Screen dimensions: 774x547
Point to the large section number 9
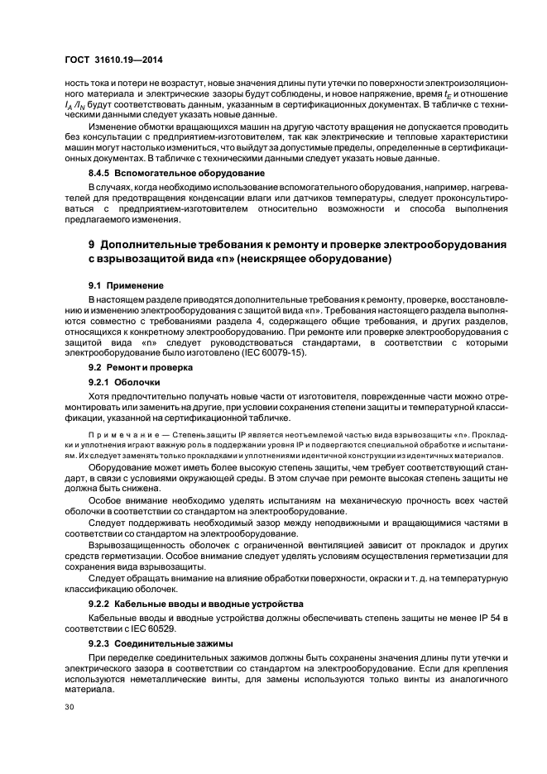[93, 246]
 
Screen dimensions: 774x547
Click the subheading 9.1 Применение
[126, 284]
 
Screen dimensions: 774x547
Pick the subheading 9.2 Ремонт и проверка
[140, 365]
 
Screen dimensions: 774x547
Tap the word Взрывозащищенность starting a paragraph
[134, 548]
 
